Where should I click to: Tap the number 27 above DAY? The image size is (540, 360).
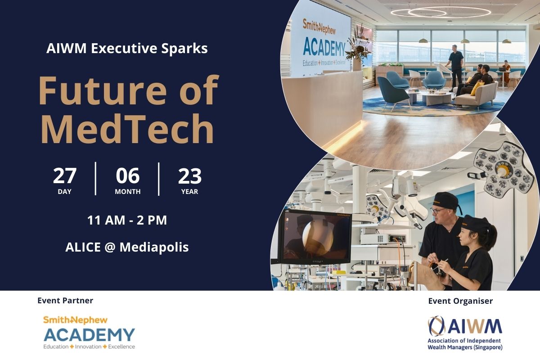click(x=65, y=176)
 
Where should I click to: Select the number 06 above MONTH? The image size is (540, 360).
click(x=127, y=176)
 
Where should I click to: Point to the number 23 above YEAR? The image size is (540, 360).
click(x=190, y=176)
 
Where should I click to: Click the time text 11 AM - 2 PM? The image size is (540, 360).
click(x=127, y=220)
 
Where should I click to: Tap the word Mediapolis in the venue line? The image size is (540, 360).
click(x=154, y=247)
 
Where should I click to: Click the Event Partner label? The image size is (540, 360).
click(x=65, y=301)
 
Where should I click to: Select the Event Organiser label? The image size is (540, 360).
click(x=460, y=301)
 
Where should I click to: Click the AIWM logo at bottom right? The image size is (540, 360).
click(x=465, y=333)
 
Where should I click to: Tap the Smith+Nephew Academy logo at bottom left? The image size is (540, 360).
click(x=89, y=333)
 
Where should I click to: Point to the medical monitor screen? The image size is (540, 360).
click(x=315, y=237)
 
